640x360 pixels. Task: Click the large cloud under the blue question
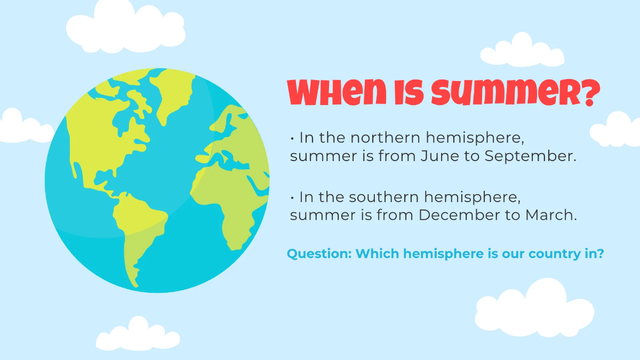point(533,309)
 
